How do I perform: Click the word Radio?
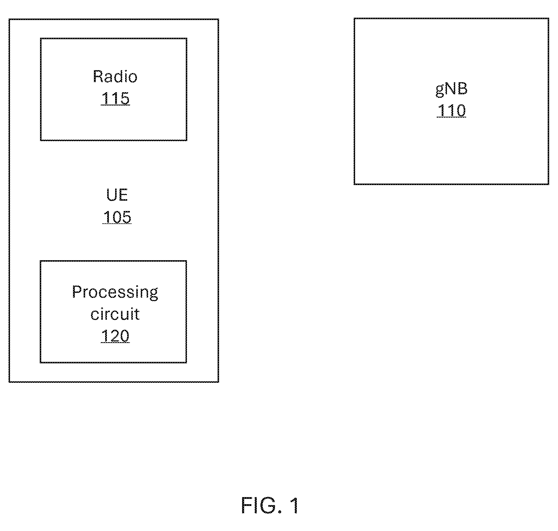(x=115, y=77)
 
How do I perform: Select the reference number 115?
(x=115, y=98)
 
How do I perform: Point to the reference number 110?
(x=451, y=111)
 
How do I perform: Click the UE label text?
(x=117, y=195)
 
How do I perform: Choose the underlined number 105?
(x=117, y=217)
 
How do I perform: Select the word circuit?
(x=115, y=314)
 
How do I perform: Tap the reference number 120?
(x=115, y=336)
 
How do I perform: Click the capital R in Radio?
(x=98, y=77)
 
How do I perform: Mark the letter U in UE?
(x=112, y=195)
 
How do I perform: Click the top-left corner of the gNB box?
(x=354, y=19)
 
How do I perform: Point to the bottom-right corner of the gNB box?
(x=549, y=184)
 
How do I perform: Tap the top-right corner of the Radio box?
(x=187, y=39)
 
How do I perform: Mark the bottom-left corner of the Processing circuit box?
(x=40, y=362)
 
